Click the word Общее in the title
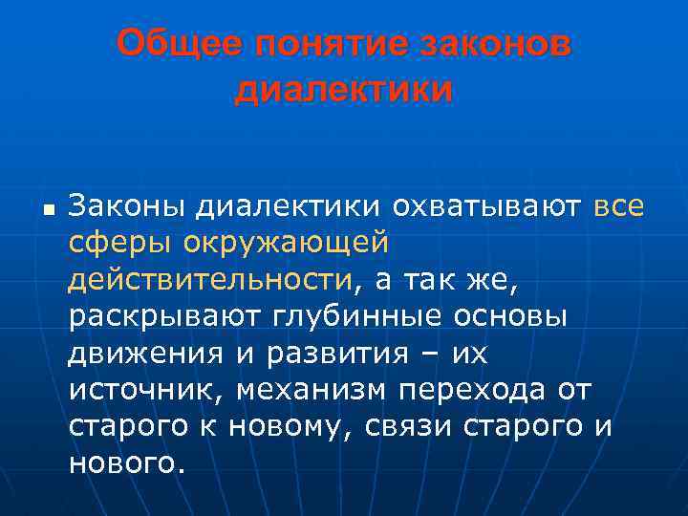[178, 45]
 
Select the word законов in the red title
[496, 45]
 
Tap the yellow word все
[618, 206]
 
